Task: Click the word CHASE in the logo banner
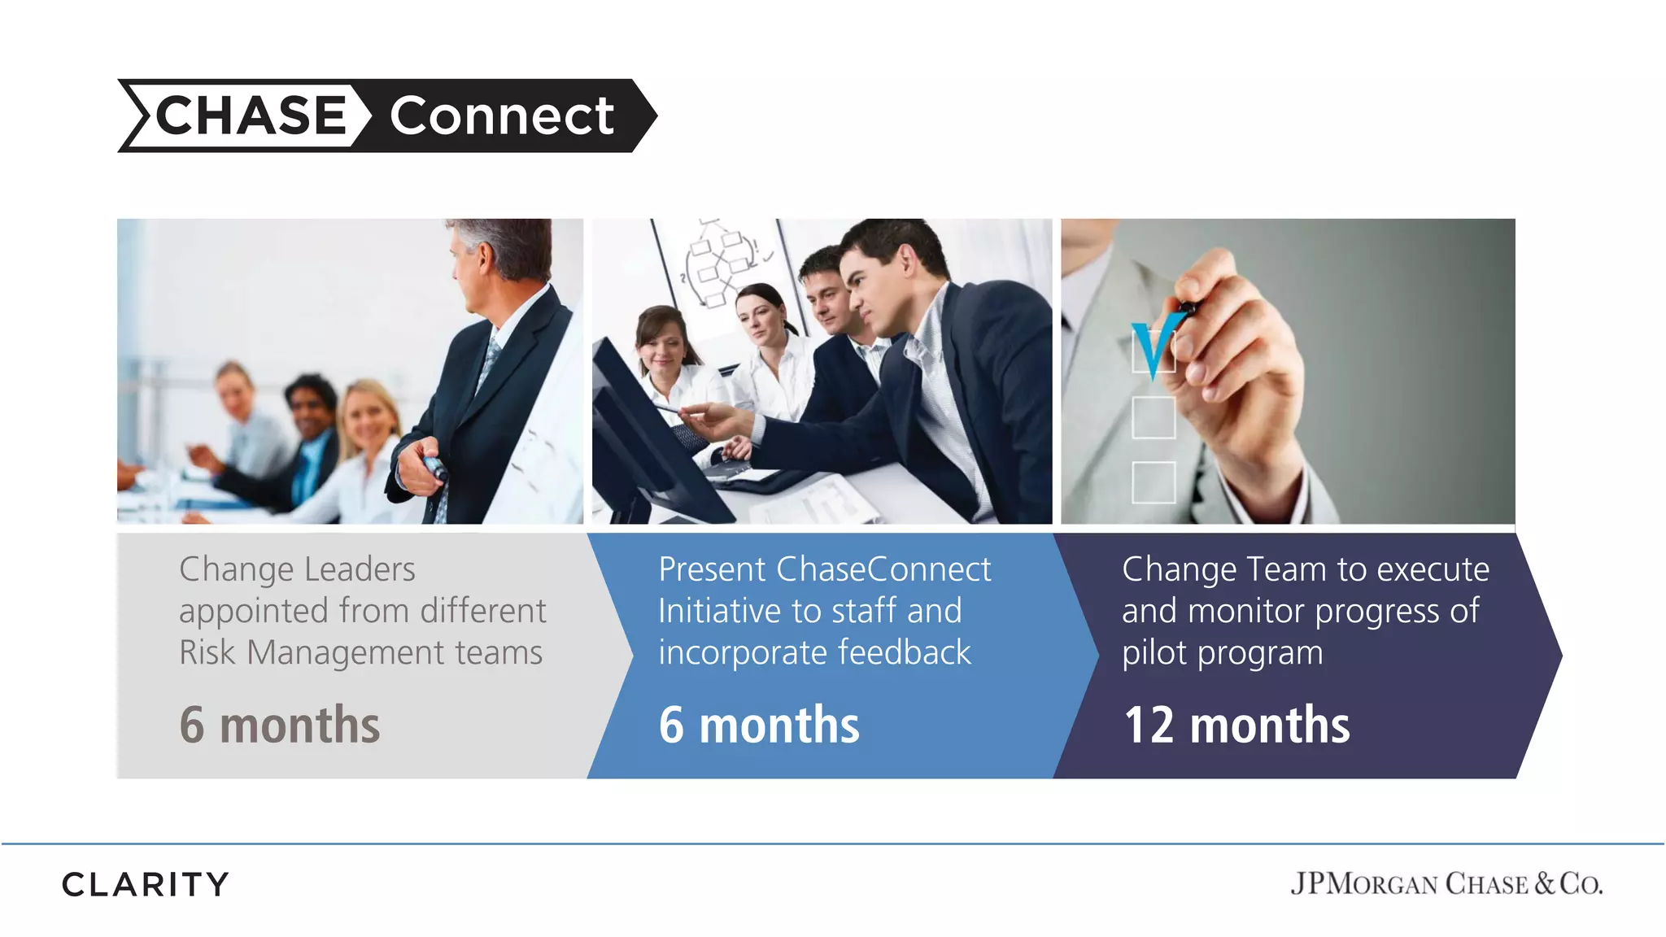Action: (251, 115)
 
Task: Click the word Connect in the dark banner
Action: (501, 115)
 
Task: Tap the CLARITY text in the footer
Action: (146, 884)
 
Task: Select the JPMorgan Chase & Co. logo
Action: (1446, 883)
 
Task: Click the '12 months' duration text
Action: (1236, 725)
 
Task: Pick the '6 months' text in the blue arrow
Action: (758, 725)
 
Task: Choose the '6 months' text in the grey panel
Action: (279, 725)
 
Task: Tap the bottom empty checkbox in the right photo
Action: (1154, 482)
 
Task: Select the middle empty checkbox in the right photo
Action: (1154, 417)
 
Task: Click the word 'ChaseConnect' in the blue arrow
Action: (883, 569)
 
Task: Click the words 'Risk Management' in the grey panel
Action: (312, 653)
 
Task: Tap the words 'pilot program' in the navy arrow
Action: (1222, 653)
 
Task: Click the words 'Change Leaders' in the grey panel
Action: (297, 569)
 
